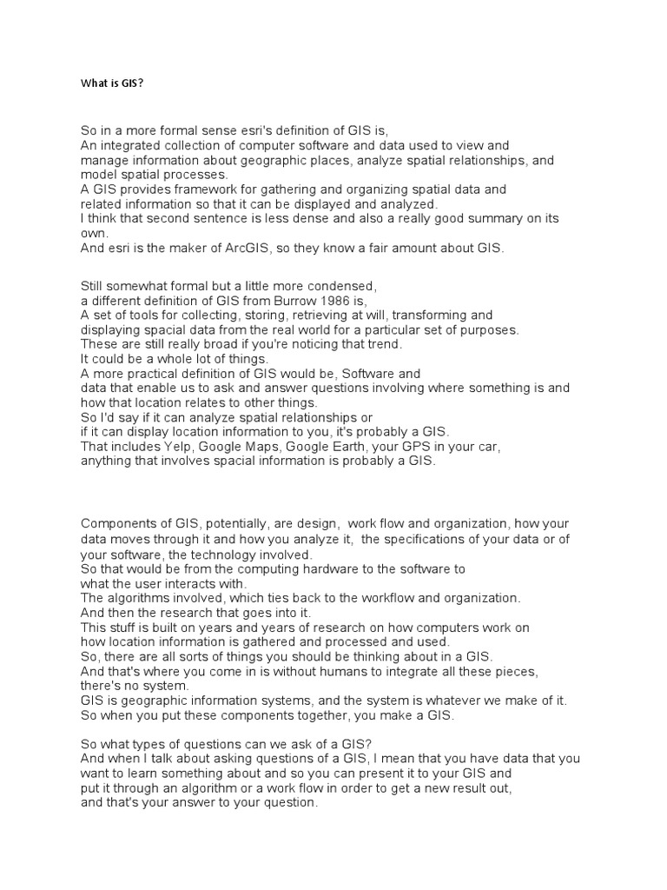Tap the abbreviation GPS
point(422,447)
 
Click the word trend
point(383,344)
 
